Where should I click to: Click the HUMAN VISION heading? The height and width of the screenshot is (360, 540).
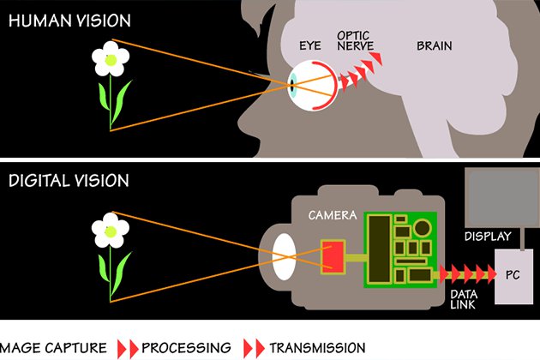coord(69,21)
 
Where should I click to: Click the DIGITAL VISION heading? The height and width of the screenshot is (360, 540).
coord(69,181)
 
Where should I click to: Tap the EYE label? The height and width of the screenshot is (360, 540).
coord(310,45)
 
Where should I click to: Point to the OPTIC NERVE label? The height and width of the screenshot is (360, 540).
coord(355,40)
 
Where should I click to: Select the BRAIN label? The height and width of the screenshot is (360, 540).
coord(435,45)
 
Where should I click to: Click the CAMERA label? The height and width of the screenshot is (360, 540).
coord(333,215)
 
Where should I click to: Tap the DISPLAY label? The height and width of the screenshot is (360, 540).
coord(488,237)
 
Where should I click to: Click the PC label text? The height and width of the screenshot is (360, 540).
coord(513,275)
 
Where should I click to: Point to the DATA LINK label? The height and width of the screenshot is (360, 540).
coord(464,299)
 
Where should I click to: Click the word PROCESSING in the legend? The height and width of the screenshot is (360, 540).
coord(186,348)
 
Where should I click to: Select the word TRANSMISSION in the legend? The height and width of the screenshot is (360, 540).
coord(317,348)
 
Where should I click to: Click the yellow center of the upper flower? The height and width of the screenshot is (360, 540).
coord(111,60)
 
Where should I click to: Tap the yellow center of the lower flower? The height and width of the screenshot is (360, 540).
coord(111,231)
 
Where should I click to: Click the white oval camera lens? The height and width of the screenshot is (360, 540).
coord(284,256)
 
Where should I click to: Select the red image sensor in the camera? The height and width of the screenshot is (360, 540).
coord(333,256)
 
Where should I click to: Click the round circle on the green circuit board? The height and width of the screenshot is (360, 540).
coord(423,228)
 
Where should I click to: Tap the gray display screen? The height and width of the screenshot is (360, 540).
coord(502,197)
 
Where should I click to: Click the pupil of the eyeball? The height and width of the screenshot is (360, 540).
coord(292,84)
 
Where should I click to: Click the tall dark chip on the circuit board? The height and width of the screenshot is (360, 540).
coord(380,249)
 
